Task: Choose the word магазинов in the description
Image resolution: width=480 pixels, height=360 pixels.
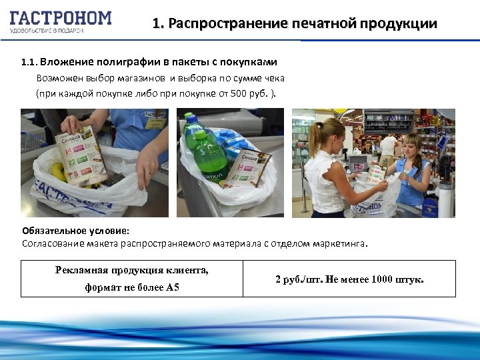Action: coord(132,78)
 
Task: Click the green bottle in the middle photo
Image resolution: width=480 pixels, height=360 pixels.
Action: coord(211,153)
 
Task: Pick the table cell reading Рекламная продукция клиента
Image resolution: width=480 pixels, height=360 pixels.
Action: coord(131,270)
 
